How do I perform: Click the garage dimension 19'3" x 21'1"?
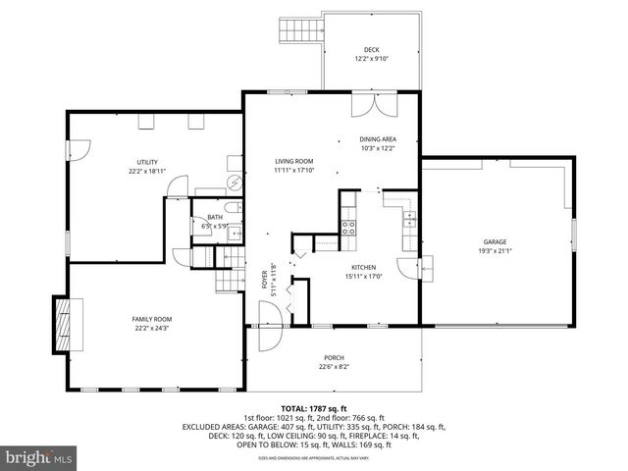coord(496,250)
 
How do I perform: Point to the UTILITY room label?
coord(147,162)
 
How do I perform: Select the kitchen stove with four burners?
coord(348,228)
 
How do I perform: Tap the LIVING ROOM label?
coord(293,161)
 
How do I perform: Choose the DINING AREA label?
coord(379,140)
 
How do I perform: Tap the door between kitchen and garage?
coord(407,267)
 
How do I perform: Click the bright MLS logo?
coord(39,457)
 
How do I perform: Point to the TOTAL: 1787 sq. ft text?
coord(314,407)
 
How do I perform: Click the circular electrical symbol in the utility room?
coord(235,183)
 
